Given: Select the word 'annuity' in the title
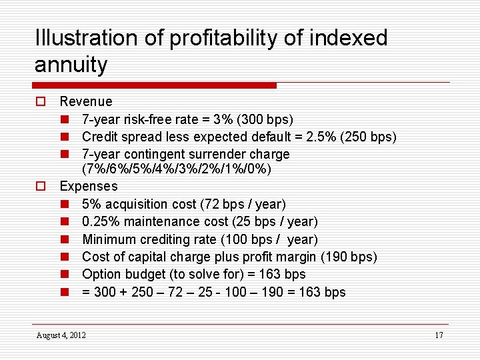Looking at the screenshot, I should point(71,65).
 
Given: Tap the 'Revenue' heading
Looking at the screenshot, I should point(86,102).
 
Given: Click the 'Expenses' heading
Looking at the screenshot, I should point(89,187).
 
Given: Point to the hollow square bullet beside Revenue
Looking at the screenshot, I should point(41,102).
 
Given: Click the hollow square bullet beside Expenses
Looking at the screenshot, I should point(41,187).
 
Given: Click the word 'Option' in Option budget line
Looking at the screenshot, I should point(100,274).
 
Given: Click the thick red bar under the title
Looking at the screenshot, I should point(154,85).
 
